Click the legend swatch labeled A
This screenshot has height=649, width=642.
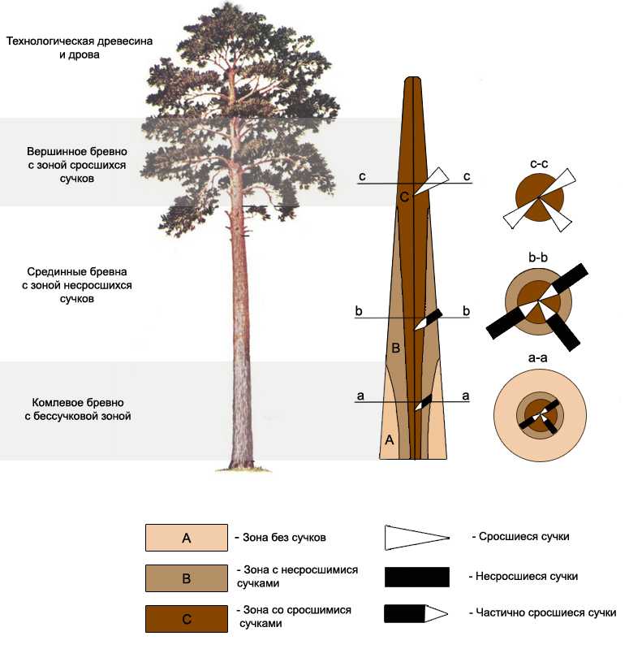click(x=186, y=537)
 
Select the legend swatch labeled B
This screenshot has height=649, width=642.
click(x=186, y=578)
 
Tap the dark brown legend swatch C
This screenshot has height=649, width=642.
click(x=186, y=618)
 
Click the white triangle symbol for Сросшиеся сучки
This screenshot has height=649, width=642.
click(x=417, y=538)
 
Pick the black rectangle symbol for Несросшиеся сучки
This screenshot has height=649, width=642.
click(x=417, y=577)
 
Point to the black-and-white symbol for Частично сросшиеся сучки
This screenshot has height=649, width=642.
click(x=416, y=613)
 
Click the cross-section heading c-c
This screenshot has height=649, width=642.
click(x=539, y=164)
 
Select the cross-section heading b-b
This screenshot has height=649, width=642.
click(x=538, y=257)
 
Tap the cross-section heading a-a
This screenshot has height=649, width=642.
click(x=538, y=357)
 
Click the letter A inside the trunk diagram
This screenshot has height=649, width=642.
click(x=390, y=439)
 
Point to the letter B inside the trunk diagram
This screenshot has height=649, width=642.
click(x=395, y=348)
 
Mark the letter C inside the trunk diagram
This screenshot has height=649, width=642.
click(x=404, y=197)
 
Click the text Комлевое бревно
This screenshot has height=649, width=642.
click(x=78, y=402)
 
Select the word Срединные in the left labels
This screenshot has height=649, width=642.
click(x=53, y=271)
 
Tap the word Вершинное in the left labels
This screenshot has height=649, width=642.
click(x=52, y=152)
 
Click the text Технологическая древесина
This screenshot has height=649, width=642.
click(x=80, y=41)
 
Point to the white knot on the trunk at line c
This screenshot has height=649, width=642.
click(x=431, y=181)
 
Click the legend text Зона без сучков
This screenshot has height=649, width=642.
click(x=284, y=537)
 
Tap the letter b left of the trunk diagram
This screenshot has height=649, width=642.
click(x=359, y=311)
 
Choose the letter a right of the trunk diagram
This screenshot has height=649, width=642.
click(x=466, y=396)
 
